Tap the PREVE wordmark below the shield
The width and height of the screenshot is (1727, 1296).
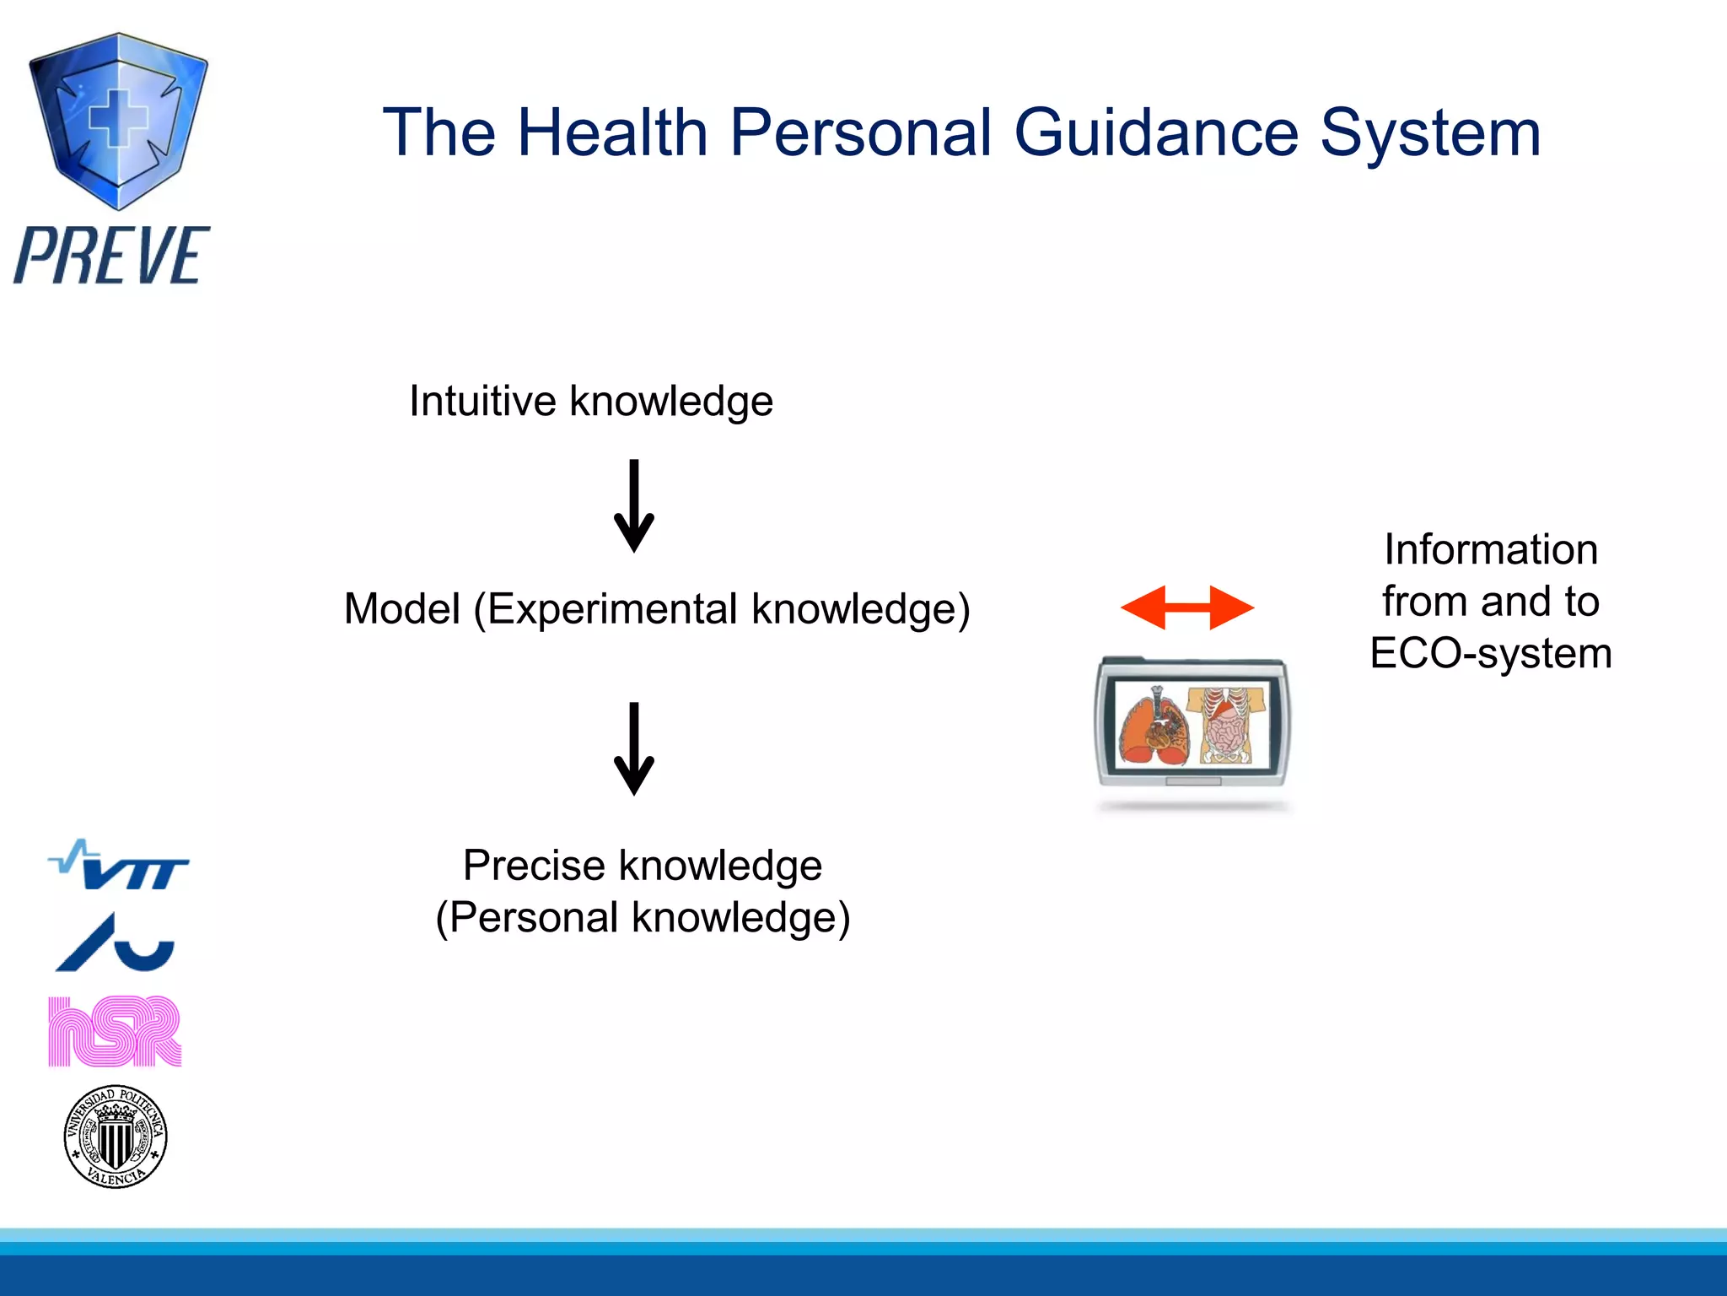(112, 255)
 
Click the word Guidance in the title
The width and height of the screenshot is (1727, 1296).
(1156, 133)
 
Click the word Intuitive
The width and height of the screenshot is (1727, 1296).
(482, 401)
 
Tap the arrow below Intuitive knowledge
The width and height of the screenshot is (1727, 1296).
(634, 506)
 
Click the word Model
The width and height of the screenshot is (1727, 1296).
(401, 609)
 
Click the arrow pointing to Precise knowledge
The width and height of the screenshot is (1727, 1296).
(634, 749)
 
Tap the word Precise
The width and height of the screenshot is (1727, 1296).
(534, 866)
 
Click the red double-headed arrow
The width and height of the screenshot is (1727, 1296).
(1187, 607)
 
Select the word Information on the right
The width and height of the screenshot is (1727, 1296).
(1491, 550)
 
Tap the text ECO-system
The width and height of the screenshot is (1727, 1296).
(1491, 654)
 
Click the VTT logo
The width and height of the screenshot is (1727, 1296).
(119, 866)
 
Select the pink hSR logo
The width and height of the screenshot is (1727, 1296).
(115, 1031)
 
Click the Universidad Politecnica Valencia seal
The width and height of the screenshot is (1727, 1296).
(116, 1137)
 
